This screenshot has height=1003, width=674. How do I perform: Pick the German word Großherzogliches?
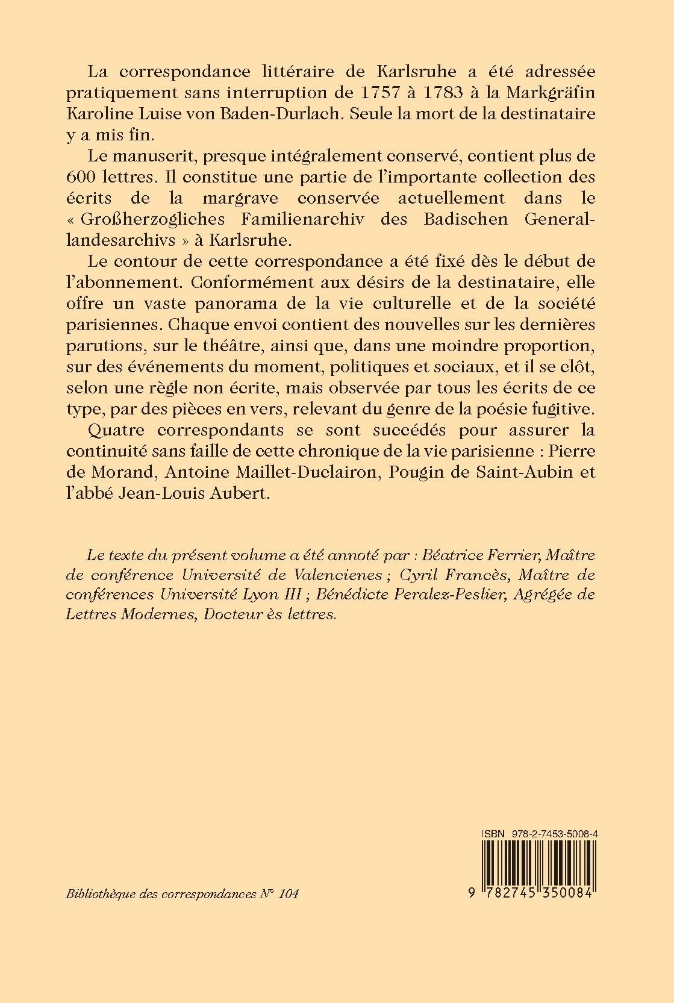click(151, 220)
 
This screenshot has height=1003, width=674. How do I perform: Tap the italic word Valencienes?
click(330, 574)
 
